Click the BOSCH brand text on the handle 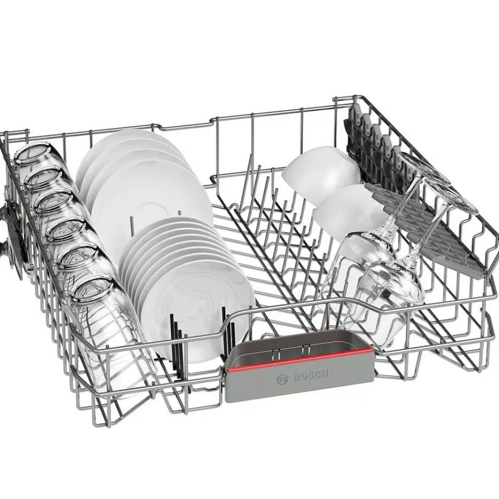310,376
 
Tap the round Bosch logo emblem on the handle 282,379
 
